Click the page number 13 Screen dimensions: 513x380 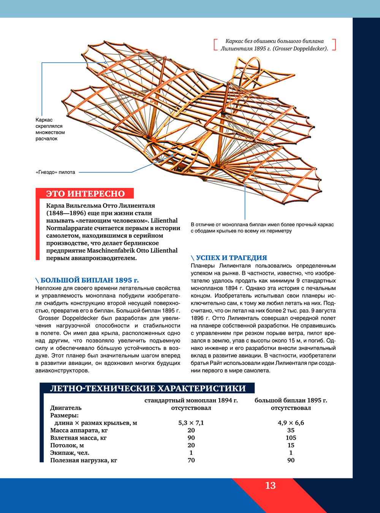[270, 486]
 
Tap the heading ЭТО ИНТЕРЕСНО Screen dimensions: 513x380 [85, 194]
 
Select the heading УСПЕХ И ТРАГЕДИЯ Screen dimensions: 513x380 [231, 258]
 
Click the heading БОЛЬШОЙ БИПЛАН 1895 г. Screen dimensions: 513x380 [89, 280]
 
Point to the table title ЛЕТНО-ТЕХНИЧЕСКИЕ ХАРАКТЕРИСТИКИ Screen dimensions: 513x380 [148, 388]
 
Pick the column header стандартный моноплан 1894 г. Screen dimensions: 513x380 [191, 400]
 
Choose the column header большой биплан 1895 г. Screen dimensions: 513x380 [291, 400]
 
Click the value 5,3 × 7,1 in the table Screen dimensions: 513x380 [191, 423]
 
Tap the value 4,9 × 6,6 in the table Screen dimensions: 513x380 [291, 423]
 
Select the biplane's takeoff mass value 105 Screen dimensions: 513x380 [291, 438]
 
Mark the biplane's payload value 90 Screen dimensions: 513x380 [291, 460]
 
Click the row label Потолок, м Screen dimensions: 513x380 [67, 445]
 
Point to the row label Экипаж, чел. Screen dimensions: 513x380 [70, 453]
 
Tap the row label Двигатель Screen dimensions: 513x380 [66, 408]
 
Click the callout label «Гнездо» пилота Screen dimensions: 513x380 [55, 172]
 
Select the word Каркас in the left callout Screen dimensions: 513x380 [44, 120]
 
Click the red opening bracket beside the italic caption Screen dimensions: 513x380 [215, 44]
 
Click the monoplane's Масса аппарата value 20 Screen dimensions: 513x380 [191, 430]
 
